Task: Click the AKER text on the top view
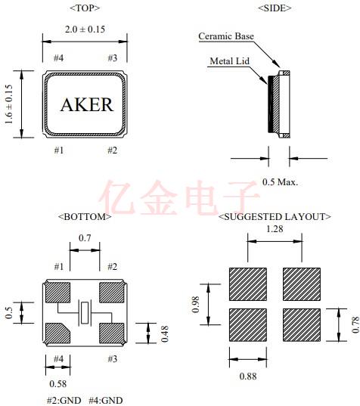point(86,105)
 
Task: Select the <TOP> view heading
point(84,8)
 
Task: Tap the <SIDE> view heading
point(275,8)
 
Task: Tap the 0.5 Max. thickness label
point(280,181)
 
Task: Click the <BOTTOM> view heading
point(85,216)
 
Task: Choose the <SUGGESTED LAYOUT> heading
point(275,216)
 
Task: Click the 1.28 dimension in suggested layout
point(275,229)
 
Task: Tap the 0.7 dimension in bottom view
point(85,239)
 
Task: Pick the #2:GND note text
point(63,400)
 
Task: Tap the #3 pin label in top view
point(112,58)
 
